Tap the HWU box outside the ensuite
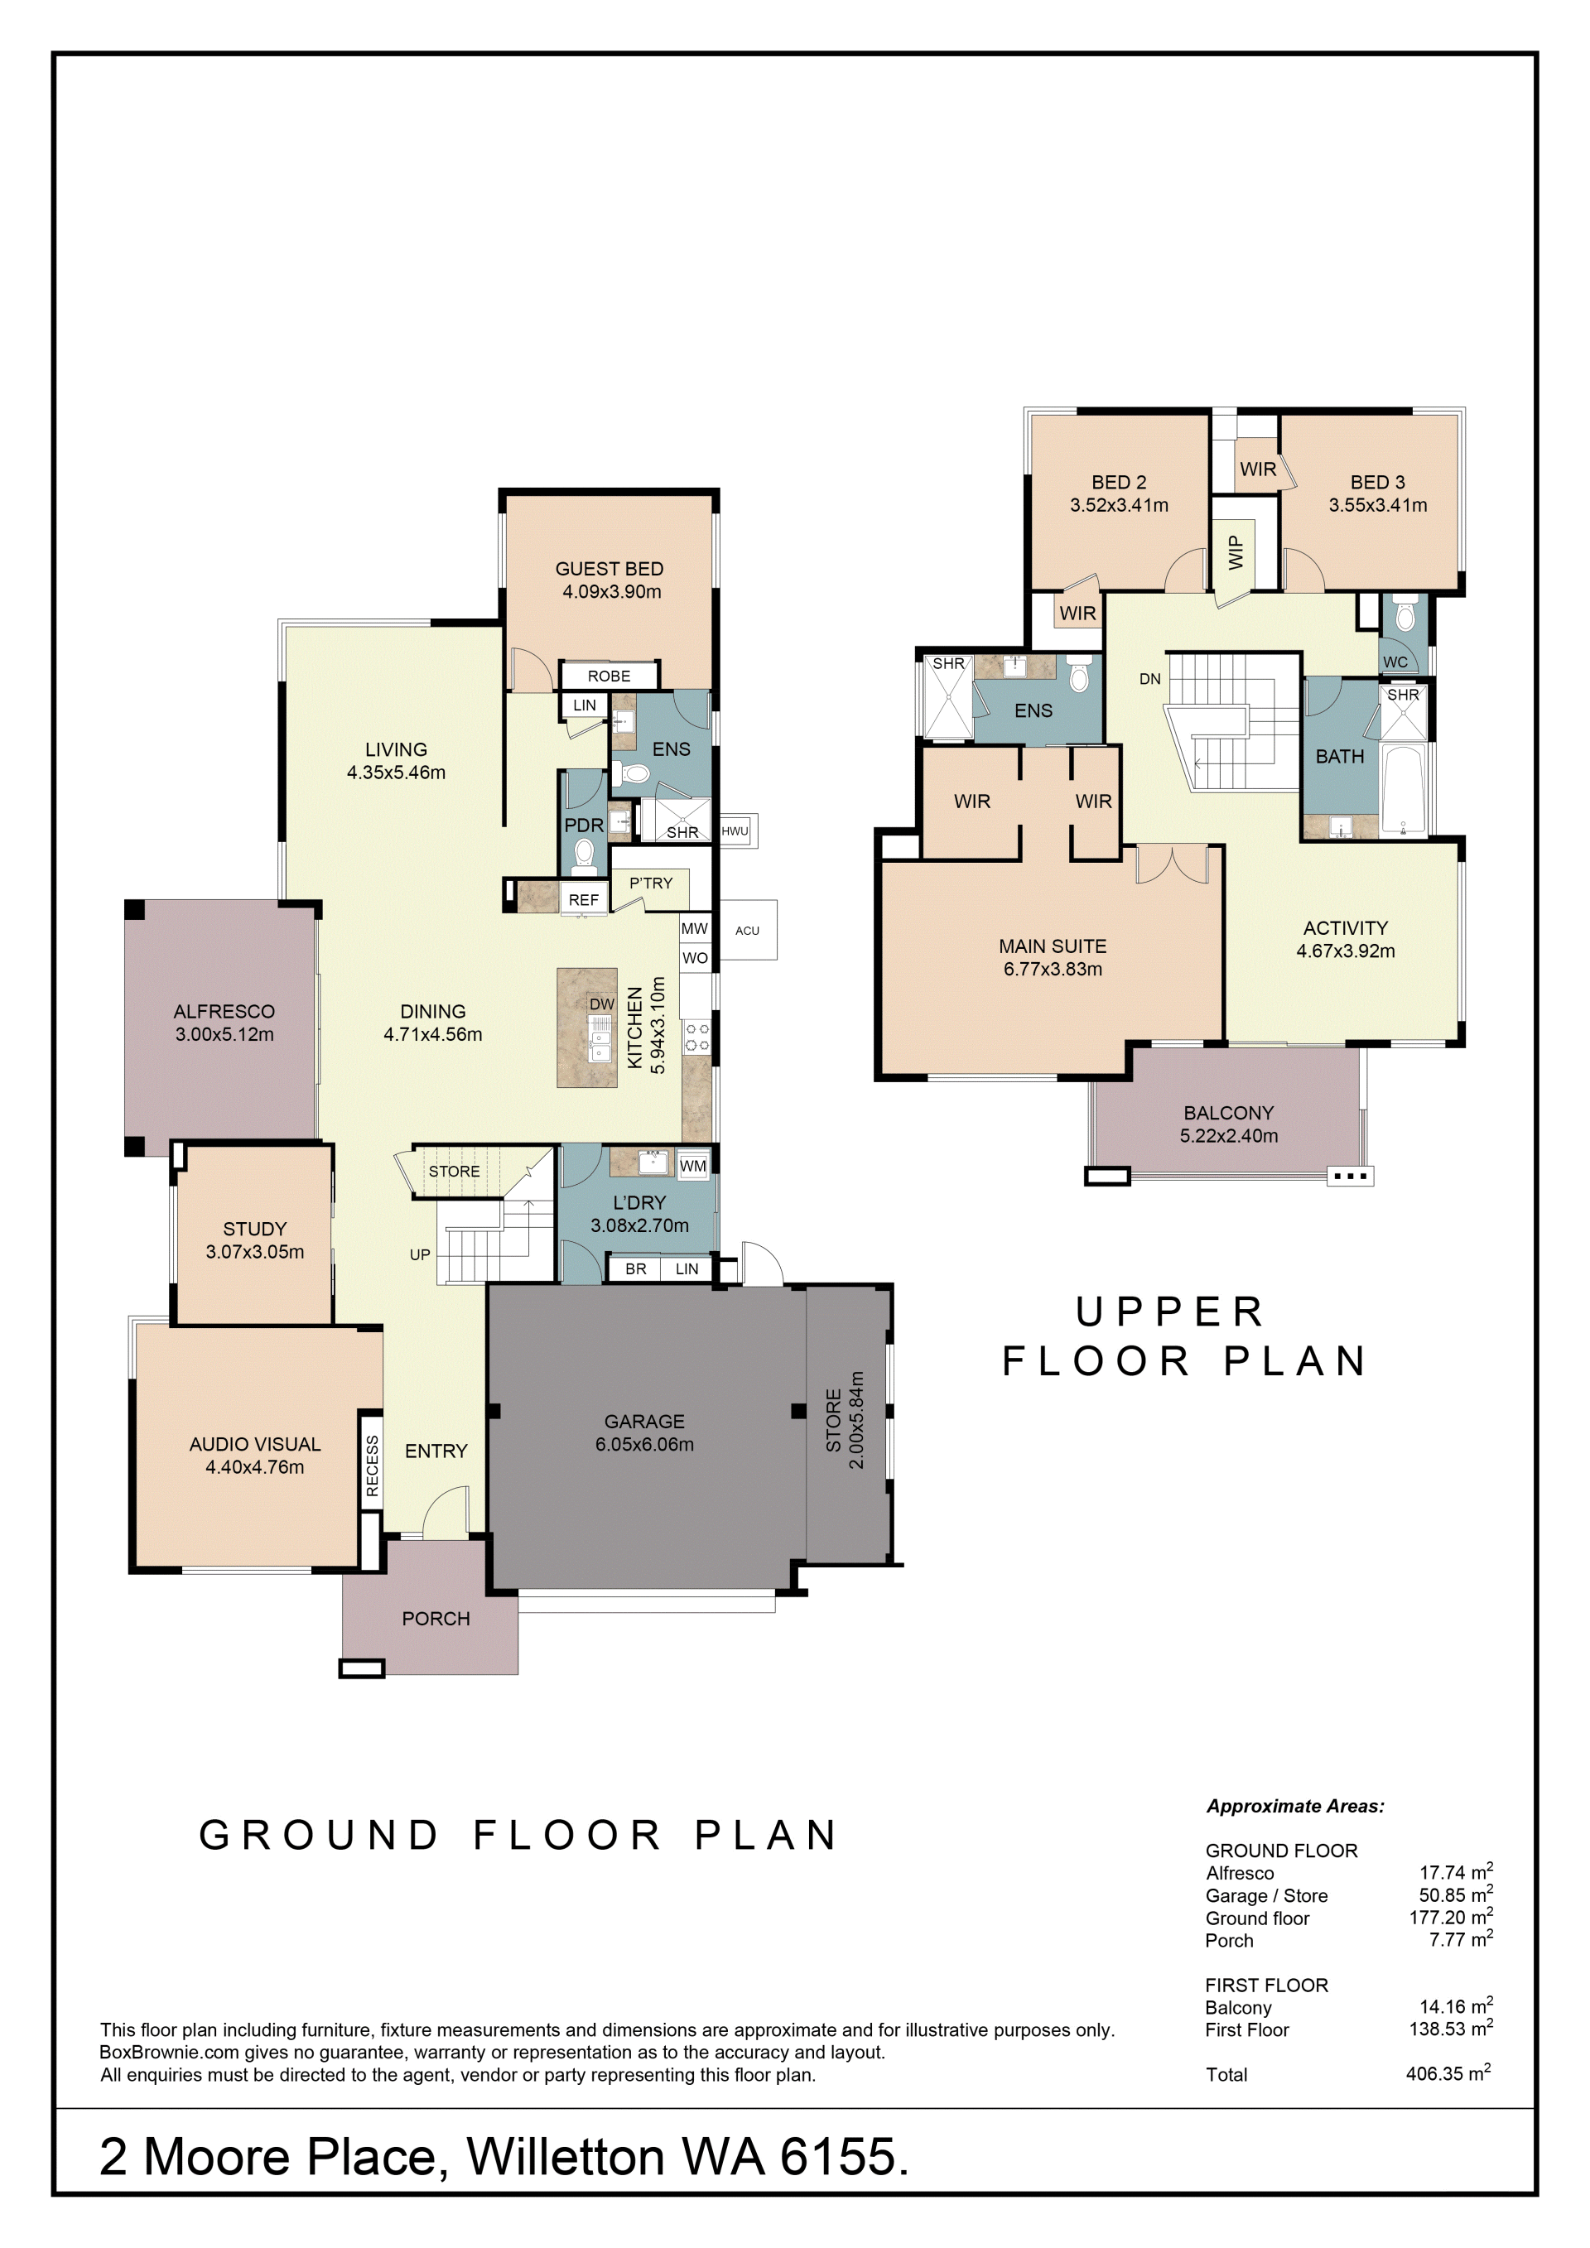737,831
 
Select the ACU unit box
748,929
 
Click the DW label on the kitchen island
601,1004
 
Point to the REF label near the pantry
584,900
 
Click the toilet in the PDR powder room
585,854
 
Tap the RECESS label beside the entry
372,1466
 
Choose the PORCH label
436,1619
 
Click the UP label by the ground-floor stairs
420,1254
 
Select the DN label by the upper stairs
1149,678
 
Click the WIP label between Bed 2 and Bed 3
1236,552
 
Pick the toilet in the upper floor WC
1405,616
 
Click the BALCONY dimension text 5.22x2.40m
1229,1136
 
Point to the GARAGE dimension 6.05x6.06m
644,1444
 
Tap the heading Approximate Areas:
1294,1807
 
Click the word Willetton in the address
566,2157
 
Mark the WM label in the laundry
692,1165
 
